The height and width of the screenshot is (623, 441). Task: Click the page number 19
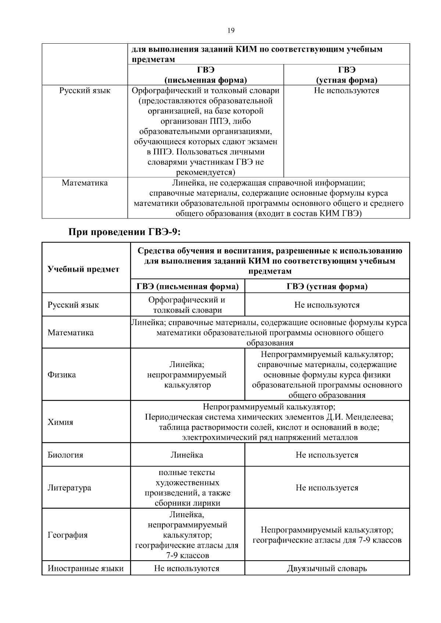pyautogui.click(x=231, y=30)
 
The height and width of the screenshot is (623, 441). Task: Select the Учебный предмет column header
pyautogui.click(x=83, y=269)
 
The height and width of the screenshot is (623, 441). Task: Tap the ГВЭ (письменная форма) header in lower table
pyautogui.click(x=187, y=286)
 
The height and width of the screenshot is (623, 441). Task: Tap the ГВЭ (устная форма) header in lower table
pyautogui.click(x=327, y=286)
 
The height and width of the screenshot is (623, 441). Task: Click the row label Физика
pyautogui.click(x=62, y=374)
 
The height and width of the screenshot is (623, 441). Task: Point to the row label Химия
pyautogui.click(x=60, y=422)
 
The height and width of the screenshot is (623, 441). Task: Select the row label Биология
pyautogui.click(x=65, y=455)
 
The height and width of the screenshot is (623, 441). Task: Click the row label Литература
pyautogui.click(x=69, y=488)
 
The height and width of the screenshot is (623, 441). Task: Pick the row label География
pyautogui.click(x=68, y=535)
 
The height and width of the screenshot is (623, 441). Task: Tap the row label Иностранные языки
pyautogui.click(x=85, y=568)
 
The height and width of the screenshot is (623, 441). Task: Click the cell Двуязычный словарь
pyautogui.click(x=327, y=568)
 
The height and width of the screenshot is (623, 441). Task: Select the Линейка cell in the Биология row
pyautogui.click(x=187, y=455)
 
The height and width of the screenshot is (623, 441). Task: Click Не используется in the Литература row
pyautogui.click(x=327, y=488)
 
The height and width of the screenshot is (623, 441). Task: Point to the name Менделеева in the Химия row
pyautogui.click(x=369, y=417)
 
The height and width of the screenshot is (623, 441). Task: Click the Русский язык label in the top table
pyautogui.click(x=85, y=90)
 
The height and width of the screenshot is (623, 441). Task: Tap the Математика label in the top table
pyautogui.click(x=85, y=183)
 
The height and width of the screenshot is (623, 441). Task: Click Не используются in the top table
pyautogui.click(x=346, y=90)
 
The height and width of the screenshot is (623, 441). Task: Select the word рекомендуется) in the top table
pyautogui.click(x=206, y=172)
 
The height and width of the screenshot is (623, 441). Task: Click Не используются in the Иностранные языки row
pyautogui.click(x=187, y=568)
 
